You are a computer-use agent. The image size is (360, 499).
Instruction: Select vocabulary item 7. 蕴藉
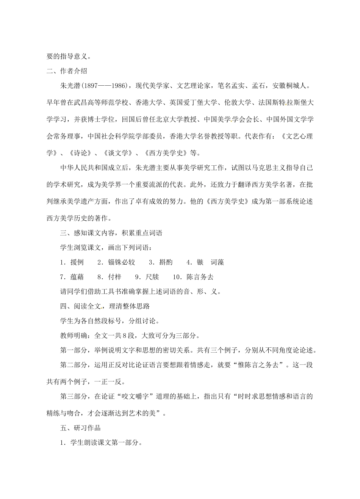(x=72, y=277)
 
